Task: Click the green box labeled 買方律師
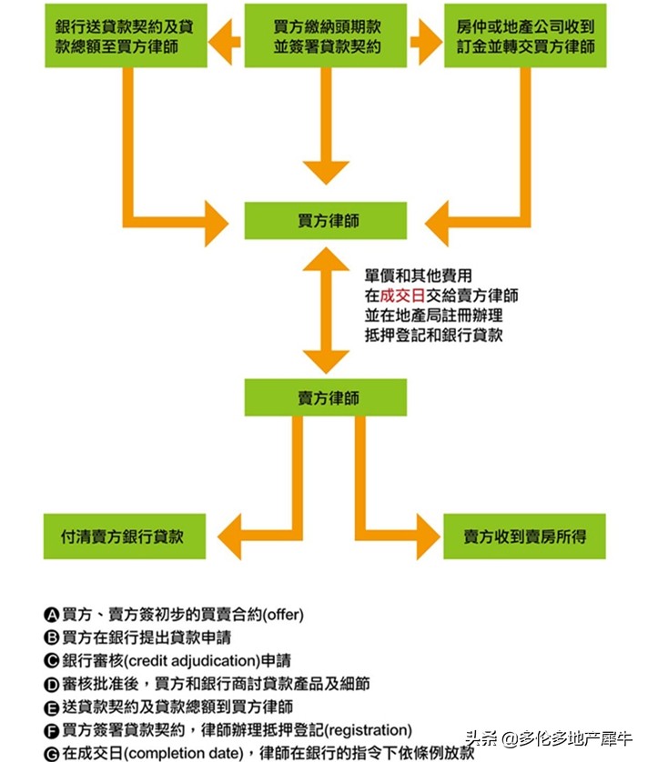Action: (325, 221)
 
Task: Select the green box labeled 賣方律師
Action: (325, 397)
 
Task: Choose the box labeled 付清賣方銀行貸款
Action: (125, 536)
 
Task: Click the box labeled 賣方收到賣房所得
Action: (524, 536)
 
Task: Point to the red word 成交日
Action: (400, 295)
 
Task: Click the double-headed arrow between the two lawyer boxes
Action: (325, 309)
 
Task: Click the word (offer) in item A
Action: (283, 614)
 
